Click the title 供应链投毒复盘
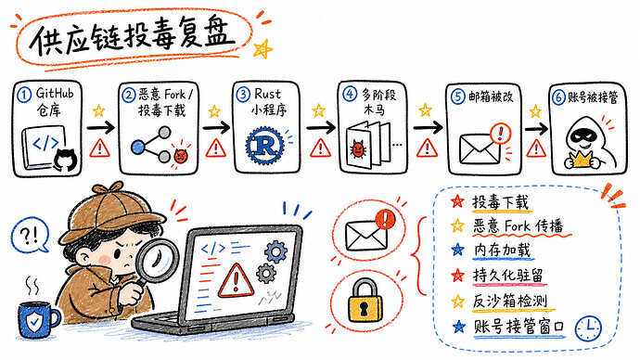click(133, 37)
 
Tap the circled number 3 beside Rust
click(243, 95)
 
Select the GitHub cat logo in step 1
click(66, 160)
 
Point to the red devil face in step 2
click(180, 155)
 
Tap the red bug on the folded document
click(357, 149)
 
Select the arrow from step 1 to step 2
click(100, 128)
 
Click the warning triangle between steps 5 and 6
click(536, 148)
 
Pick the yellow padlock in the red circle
click(365, 300)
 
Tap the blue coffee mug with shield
click(38, 319)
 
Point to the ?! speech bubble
click(30, 235)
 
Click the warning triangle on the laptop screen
click(236, 281)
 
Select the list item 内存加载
click(503, 251)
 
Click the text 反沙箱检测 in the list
click(509, 301)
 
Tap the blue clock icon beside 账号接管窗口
click(588, 328)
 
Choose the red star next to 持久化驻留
click(458, 276)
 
